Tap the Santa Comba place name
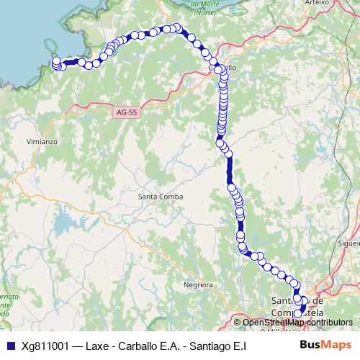point(161,197)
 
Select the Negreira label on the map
point(198,285)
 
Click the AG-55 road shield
point(125,112)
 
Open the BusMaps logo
point(325,345)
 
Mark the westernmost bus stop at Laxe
point(55,62)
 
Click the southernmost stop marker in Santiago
point(298,314)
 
